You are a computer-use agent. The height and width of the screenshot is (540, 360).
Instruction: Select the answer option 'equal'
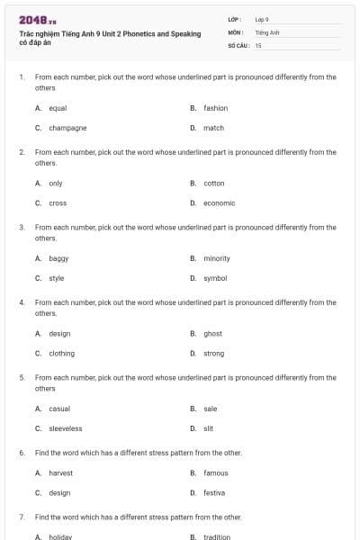click(58, 108)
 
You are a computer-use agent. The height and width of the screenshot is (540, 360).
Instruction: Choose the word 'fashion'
click(215, 108)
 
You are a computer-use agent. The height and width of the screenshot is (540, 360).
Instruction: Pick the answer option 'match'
click(213, 128)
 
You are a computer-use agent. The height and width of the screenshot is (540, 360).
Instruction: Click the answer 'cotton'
click(214, 183)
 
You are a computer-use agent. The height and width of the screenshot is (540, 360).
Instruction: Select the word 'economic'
click(219, 202)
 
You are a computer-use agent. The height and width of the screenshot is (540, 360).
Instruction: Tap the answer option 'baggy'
click(58, 258)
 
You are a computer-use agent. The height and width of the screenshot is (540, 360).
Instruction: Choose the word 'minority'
click(217, 258)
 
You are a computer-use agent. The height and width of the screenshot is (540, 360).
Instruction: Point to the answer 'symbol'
click(215, 278)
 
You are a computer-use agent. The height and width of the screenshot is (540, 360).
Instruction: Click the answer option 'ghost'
click(212, 333)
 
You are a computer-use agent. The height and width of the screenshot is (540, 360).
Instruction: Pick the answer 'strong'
click(213, 353)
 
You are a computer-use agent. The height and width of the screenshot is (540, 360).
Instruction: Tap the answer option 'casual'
click(59, 409)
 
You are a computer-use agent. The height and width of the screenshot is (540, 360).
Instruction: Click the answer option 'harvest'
click(60, 472)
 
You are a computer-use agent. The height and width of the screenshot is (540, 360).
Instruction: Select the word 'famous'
click(216, 472)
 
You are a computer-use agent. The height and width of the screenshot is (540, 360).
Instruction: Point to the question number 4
click(22, 302)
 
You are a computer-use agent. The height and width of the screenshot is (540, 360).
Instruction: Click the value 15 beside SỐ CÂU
click(258, 44)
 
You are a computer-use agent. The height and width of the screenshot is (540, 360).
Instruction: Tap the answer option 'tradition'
click(217, 536)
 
